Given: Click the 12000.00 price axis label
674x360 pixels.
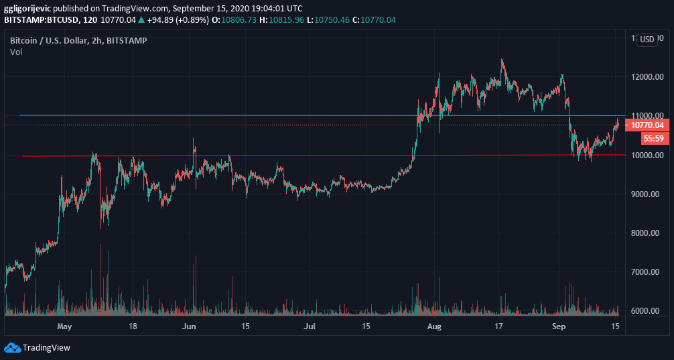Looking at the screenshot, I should [x=647, y=77].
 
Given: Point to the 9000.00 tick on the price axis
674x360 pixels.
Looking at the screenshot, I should [x=647, y=194].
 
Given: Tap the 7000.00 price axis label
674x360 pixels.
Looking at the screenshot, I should [x=647, y=272].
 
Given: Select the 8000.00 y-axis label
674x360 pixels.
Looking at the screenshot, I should [x=647, y=233].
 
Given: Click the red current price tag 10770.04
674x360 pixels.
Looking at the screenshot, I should [x=647, y=125].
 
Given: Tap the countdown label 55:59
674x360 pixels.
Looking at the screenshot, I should [x=653, y=139].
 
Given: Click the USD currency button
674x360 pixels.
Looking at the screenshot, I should [x=647, y=40].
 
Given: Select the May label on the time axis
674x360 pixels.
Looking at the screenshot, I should [x=64, y=327].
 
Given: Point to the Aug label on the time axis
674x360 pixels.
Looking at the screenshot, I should [x=434, y=327].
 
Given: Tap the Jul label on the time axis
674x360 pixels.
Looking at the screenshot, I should [x=310, y=327].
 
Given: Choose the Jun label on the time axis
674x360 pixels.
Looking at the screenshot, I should [x=190, y=327].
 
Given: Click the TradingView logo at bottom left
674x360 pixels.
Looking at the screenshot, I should [x=38, y=347].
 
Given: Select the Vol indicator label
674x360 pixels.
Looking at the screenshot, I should [x=16, y=52].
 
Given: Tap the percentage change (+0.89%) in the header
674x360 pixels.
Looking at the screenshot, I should [x=190, y=19].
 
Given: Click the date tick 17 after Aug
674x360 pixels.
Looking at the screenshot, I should [x=498, y=327].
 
